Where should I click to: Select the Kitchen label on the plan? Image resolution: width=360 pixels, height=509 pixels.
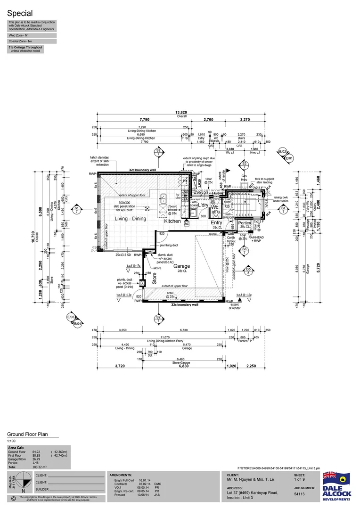tap(172, 221)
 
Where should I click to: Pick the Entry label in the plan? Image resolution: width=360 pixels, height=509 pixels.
tap(216, 222)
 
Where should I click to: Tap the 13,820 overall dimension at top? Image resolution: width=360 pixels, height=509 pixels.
tap(181, 113)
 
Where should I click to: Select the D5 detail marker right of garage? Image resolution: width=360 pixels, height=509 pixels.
tap(248, 270)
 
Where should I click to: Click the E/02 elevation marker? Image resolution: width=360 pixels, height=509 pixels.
tap(283, 152)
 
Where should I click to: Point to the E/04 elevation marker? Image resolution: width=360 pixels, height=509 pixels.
tap(79, 324)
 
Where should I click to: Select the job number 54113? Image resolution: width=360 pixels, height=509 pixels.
tap(300, 494)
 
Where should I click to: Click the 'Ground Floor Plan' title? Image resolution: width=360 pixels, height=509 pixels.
tap(27, 435)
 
